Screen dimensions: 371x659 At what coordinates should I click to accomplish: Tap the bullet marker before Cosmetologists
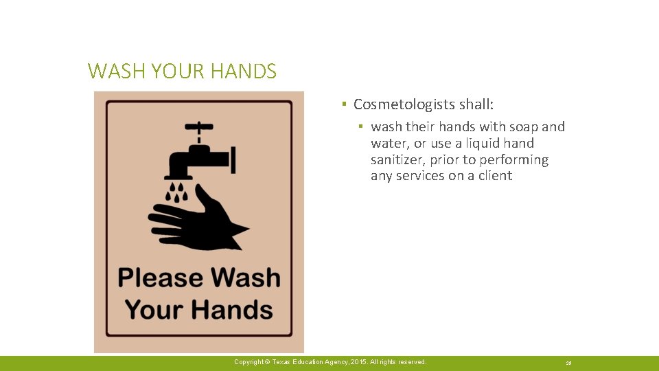tap(343, 104)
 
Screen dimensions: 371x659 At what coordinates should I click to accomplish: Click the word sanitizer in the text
tap(398, 160)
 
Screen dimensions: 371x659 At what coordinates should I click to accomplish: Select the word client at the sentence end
tap(494, 176)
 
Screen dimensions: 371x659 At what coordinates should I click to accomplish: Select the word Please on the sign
tap(160, 278)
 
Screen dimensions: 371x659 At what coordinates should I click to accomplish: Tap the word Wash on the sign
tap(245, 278)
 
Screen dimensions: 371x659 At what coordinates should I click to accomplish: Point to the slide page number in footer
tap(569, 363)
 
